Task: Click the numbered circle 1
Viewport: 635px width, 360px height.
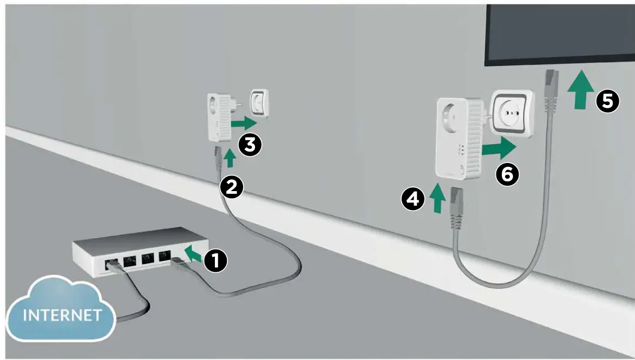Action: [x=215, y=261]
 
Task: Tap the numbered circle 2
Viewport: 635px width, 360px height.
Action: [x=232, y=187]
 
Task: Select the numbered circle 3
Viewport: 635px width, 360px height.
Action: [x=250, y=145]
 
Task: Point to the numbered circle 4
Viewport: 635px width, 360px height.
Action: [x=413, y=200]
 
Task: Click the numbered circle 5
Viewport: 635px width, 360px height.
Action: [x=608, y=101]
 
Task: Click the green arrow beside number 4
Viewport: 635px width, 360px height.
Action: [x=438, y=199]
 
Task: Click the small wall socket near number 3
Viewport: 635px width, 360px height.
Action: [x=259, y=102]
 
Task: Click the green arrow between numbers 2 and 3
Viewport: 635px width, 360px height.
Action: [x=230, y=158]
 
